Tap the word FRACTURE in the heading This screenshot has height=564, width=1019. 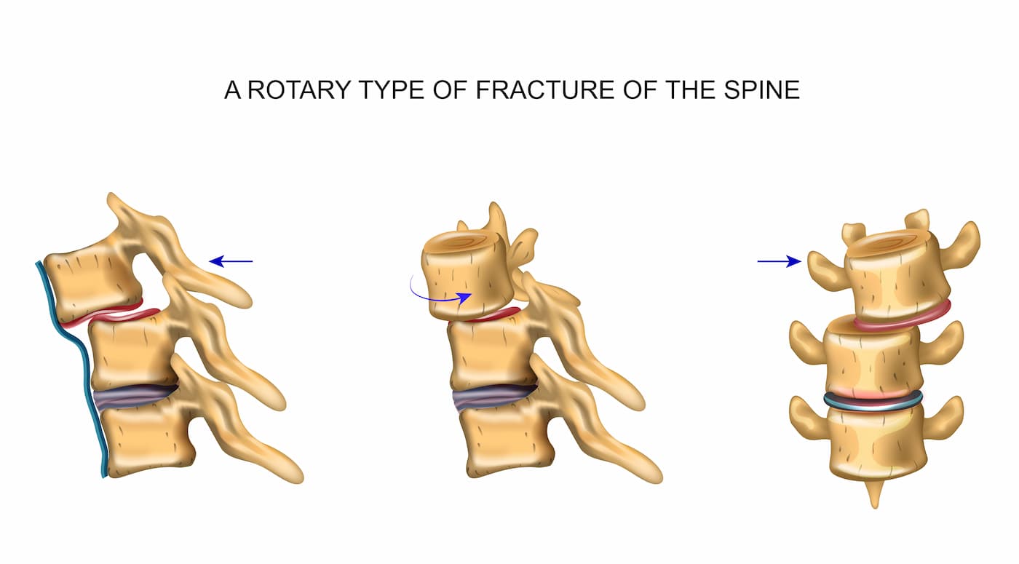545,90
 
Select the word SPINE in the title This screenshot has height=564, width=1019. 761,90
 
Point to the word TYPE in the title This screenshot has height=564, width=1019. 392,90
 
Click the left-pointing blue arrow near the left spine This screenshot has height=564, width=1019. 231,261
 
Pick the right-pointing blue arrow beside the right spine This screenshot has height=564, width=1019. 780,261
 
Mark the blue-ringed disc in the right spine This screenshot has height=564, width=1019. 873,401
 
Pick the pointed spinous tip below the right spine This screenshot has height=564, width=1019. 874,494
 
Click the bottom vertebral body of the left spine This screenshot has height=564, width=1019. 150,440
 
